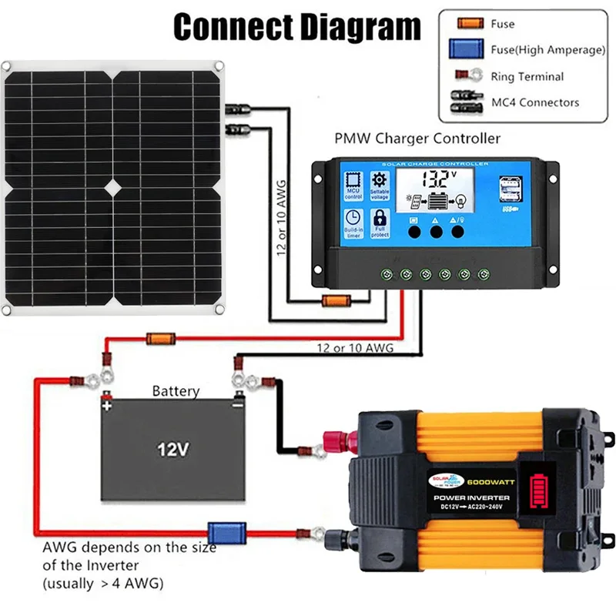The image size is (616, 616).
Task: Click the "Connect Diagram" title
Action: tap(297, 28)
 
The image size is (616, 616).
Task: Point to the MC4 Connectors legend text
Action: tap(535, 102)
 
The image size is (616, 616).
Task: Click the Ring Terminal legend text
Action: tap(527, 76)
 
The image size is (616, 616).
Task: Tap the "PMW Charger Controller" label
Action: tap(417, 139)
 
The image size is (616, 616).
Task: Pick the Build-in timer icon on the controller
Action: tap(353, 223)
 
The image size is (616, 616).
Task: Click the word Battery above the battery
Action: tap(176, 391)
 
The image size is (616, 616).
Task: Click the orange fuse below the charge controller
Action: tap(335, 301)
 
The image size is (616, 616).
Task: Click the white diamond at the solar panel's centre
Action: tap(113, 186)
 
